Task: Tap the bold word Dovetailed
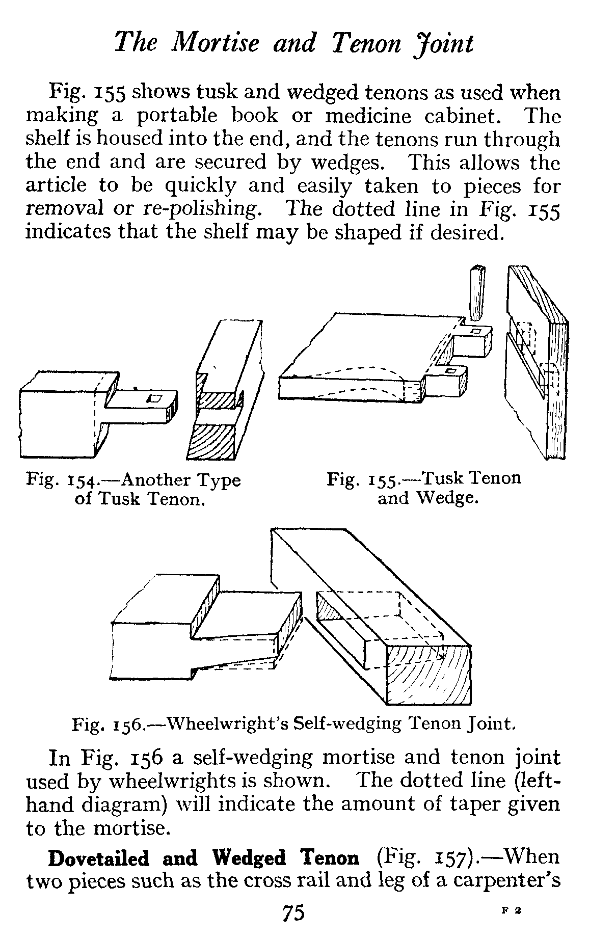[x=99, y=858]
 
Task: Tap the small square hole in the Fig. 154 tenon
[x=153, y=398]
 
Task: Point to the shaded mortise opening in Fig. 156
[x=329, y=609]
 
